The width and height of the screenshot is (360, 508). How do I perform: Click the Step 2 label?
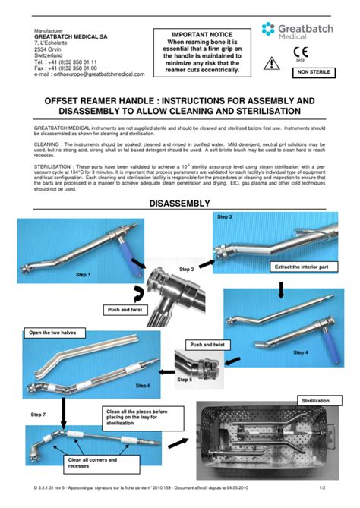[x=187, y=270]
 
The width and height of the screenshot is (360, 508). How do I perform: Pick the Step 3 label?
[x=225, y=217]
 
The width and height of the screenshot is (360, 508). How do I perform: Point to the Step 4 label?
[x=301, y=352]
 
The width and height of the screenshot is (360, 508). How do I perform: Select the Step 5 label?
[x=185, y=377]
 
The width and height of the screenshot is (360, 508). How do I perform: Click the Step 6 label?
[x=143, y=386]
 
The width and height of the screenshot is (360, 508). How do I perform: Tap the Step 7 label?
[x=38, y=415]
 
